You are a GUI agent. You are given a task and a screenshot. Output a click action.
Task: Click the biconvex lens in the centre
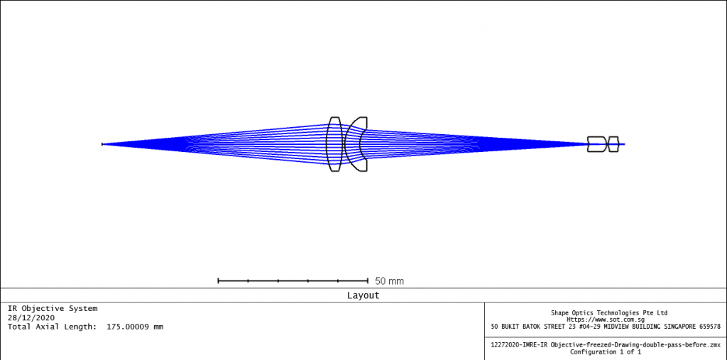[334, 144]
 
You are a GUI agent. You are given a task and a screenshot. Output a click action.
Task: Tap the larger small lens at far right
[596, 144]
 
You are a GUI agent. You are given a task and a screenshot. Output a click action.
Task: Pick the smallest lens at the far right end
[614, 144]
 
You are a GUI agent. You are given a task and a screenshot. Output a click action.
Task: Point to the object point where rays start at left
[103, 144]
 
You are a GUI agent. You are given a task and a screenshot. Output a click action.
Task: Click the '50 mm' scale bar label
[389, 281]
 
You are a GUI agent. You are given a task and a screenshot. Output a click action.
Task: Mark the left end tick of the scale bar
[218, 281]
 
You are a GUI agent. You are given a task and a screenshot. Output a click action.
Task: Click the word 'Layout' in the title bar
[363, 295]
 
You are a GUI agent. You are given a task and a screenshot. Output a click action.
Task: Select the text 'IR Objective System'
[53, 308]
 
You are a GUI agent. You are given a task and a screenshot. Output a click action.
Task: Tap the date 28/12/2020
[31, 317]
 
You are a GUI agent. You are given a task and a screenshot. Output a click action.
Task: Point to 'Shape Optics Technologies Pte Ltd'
[609, 312]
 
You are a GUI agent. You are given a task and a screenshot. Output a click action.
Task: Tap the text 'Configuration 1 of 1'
[606, 351]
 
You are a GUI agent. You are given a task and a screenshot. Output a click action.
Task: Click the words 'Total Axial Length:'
[53, 327]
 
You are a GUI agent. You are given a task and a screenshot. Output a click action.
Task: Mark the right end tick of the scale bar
[367, 281]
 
